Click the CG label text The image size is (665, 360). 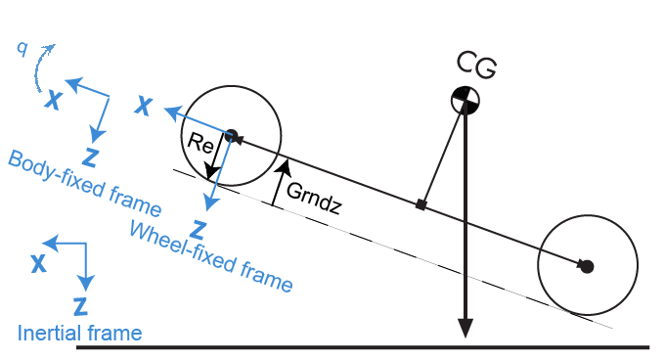477,66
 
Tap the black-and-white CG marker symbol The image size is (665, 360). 465,100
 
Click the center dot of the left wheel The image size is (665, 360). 232,135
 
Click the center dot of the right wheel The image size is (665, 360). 587,265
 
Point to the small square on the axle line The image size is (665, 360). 421,204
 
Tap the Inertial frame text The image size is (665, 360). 79,334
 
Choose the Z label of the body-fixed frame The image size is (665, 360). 90,156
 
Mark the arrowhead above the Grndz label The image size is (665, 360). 284,164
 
